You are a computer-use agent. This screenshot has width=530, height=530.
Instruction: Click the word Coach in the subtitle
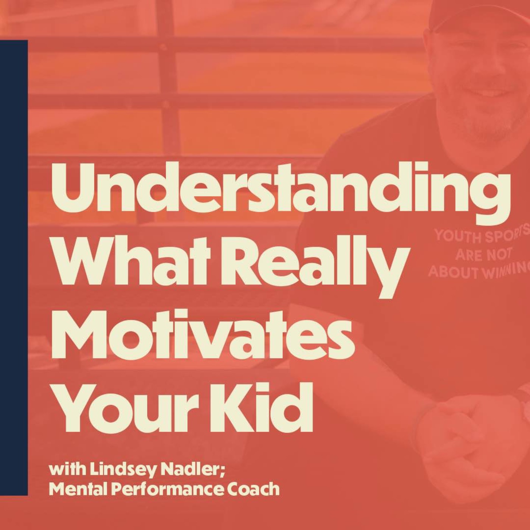254,489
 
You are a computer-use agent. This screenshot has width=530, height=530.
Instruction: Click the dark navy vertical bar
14,265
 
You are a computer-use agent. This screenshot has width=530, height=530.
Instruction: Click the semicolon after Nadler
223,471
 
